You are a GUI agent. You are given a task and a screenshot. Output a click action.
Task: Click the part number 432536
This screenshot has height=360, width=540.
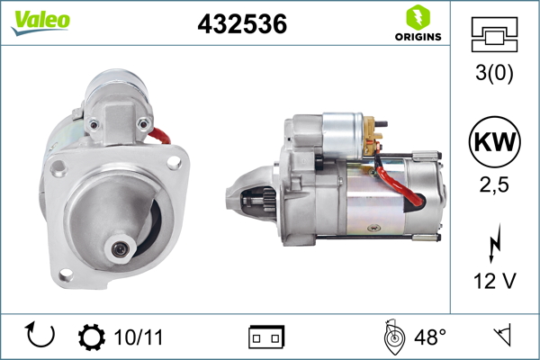pyautogui.click(x=242, y=25)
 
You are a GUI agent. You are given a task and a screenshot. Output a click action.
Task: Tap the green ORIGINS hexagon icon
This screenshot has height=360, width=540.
pyautogui.click(x=417, y=16)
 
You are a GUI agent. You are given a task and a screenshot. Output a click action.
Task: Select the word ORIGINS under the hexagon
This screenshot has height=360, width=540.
pyautogui.click(x=417, y=37)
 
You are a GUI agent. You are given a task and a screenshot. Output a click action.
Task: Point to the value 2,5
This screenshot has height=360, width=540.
pyautogui.click(x=493, y=185)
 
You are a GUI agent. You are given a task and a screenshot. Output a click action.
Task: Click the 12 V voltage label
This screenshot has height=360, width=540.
pyautogui.click(x=493, y=282)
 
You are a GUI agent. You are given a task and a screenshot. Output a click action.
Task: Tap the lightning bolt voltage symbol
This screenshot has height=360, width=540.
pyautogui.click(x=493, y=244)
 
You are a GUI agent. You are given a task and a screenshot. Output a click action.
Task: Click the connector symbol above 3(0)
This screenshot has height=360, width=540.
pyautogui.click(x=493, y=37)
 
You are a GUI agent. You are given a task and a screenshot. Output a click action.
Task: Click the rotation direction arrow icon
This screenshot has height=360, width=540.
pyautogui.click(x=41, y=337)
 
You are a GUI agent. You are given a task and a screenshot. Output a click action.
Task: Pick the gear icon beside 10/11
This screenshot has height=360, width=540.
pyautogui.click(x=92, y=337)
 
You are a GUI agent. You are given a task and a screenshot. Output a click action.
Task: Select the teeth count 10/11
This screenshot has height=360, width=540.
pyautogui.click(x=139, y=337)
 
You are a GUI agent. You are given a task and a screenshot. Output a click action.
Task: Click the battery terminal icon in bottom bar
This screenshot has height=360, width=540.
pyautogui.click(x=266, y=337)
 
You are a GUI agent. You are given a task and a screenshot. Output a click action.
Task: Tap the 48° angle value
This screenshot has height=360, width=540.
pyautogui.click(x=429, y=337)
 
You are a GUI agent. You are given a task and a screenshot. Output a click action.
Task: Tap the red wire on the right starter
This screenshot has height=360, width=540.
pyautogui.click(x=400, y=191)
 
